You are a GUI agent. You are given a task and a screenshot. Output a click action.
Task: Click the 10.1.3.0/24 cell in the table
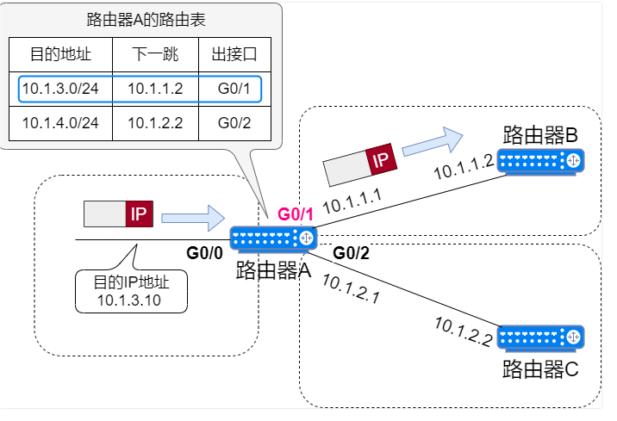60,89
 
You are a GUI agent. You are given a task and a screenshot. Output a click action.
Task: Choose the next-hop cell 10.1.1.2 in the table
155,89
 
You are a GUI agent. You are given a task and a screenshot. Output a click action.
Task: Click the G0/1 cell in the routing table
234,89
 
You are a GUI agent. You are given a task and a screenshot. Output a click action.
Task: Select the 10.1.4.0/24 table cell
60,122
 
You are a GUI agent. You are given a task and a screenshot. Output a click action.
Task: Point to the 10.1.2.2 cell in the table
155,122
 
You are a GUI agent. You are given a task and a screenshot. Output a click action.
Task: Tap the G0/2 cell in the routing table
234,122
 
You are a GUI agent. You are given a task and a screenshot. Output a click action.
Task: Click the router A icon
274,238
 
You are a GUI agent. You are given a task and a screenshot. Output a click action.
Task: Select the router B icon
540,161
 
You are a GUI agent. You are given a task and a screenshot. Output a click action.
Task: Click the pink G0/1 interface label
296,214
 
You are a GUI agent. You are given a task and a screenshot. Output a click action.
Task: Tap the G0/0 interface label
204,253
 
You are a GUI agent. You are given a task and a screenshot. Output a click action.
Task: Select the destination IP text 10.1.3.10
129,300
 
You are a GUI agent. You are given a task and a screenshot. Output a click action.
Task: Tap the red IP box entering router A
138,214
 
